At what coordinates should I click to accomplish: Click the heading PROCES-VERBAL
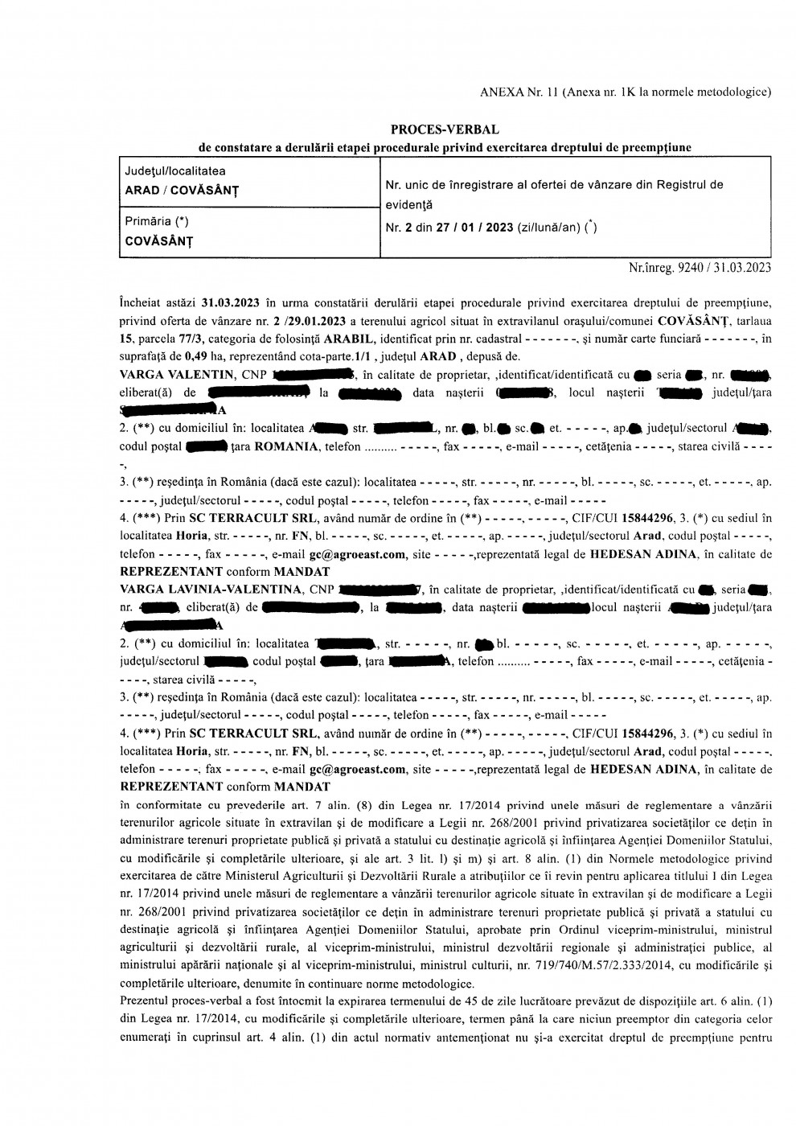click(x=445, y=129)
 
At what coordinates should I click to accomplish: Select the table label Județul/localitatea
click(x=174, y=171)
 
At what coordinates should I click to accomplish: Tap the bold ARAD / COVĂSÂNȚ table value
click(x=181, y=191)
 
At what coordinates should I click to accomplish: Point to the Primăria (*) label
click(x=157, y=221)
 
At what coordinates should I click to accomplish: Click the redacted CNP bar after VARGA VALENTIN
click(x=314, y=374)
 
